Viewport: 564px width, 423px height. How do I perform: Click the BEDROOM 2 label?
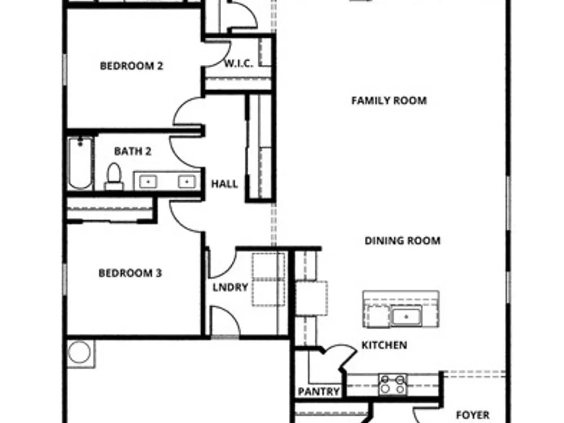pyautogui.click(x=131, y=66)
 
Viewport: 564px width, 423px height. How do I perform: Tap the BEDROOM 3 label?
pyautogui.click(x=130, y=274)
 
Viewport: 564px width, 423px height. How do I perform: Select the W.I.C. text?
pyautogui.click(x=239, y=64)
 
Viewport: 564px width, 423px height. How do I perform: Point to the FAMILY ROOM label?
pyautogui.click(x=389, y=100)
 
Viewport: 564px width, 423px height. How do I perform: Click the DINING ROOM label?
pyautogui.click(x=403, y=241)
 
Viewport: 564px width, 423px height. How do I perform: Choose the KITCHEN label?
pyautogui.click(x=384, y=345)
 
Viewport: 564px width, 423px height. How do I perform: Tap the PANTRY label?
pyautogui.click(x=319, y=391)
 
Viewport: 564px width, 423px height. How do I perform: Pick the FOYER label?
pyautogui.click(x=473, y=415)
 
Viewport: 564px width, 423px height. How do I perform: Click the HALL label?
pyautogui.click(x=224, y=184)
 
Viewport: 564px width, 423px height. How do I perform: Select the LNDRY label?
pyautogui.click(x=230, y=288)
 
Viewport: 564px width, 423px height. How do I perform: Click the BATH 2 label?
pyautogui.click(x=133, y=151)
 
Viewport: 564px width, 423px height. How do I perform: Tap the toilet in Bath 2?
pyautogui.click(x=114, y=176)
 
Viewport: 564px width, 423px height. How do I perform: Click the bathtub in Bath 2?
pyautogui.click(x=81, y=163)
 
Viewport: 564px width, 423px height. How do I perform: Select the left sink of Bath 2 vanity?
pyautogui.click(x=148, y=182)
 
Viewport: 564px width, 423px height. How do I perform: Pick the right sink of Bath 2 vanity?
pyautogui.click(x=186, y=182)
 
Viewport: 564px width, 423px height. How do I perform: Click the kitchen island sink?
pyautogui.click(x=407, y=316)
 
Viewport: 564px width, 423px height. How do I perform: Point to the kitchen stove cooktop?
pyautogui.click(x=393, y=384)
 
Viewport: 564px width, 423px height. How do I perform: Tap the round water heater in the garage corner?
pyautogui.click(x=80, y=352)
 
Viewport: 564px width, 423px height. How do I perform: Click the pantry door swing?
pyautogui.click(x=340, y=354)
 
